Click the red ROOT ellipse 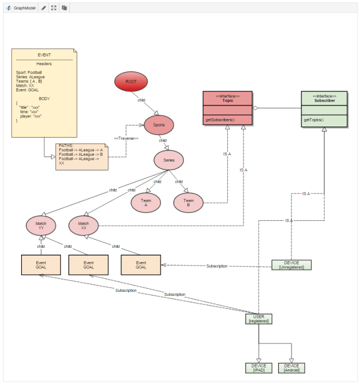tap(131, 82)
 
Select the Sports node tap(159, 124)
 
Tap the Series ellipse tap(169, 160)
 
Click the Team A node tap(145, 202)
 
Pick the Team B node tap(188, 202)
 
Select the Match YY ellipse tap(40, 226)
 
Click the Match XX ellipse tap(83, 226)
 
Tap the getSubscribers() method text tap(220, 120)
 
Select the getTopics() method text tap(315, 120)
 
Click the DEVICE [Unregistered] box tap(292, 265)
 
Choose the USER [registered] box tap(259, 319)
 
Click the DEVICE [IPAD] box tap(258, 368)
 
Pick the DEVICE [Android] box tap(292, 368)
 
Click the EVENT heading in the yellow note tap(44, 54)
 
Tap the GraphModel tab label tap(24, 8)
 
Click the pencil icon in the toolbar tap(44, 8)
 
